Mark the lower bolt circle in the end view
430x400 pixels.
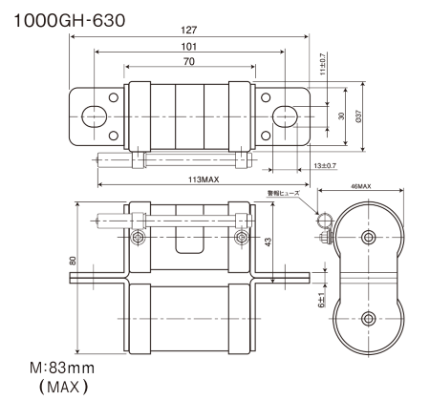pos(368,318)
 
